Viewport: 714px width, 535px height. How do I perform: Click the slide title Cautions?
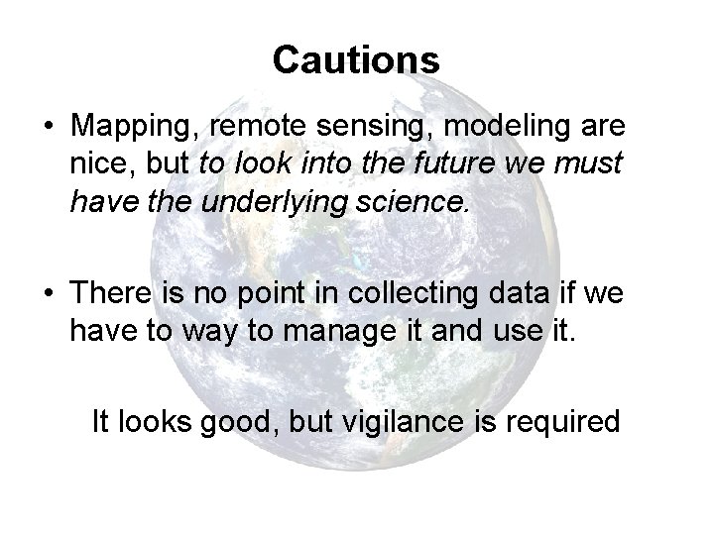coord(356,59)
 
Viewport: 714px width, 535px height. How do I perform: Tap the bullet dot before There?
coord(48,294)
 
